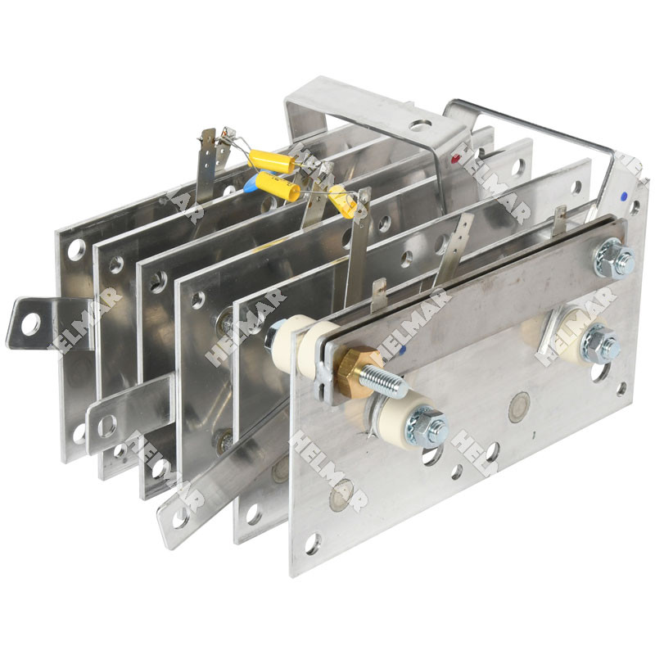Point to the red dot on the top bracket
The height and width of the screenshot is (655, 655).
point(455,153)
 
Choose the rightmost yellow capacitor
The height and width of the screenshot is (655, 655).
point(344,201)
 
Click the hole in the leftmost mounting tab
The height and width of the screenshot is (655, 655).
point(30,324)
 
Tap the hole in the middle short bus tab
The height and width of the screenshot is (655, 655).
point(106,426)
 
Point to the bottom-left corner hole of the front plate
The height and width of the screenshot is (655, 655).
point(312,542)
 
